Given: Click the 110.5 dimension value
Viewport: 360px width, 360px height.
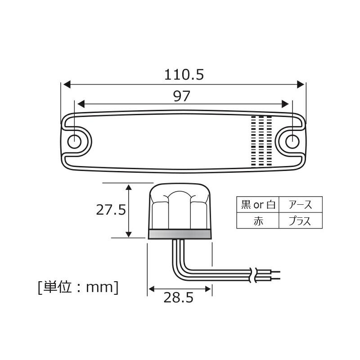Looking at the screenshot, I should click(184, 74).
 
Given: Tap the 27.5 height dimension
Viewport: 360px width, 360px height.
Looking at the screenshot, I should click(110, 210).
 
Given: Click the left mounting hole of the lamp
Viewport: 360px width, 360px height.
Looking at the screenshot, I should click(74, 141).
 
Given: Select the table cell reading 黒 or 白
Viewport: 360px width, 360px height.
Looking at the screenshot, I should click(258, 205).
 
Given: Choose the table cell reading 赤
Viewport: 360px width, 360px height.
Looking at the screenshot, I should click(258, 221).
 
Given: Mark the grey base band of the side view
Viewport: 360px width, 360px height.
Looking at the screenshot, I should click(180, 234).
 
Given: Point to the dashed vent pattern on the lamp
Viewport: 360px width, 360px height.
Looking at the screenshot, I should click(261, 140).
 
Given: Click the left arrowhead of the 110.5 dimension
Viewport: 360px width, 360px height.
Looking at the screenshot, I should click(66, 84).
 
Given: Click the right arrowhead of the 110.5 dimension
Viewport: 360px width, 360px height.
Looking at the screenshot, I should click(301, 84).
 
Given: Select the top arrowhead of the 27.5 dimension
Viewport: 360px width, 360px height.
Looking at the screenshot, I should click(129, 187).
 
